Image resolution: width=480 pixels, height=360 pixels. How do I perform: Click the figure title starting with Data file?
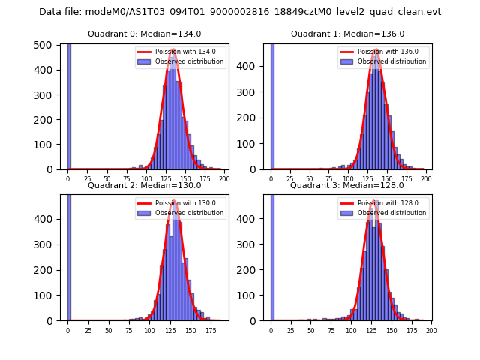pyautogui.click(x=240, y=12)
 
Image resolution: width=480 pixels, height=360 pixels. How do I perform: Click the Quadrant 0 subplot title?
pyautogui.click(x=144, y=34)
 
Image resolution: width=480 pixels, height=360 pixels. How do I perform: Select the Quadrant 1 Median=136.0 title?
pyautogui.click(x=347, y=34)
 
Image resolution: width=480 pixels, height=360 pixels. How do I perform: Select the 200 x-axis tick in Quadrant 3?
pyautogui.click(x=430, y=329)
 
